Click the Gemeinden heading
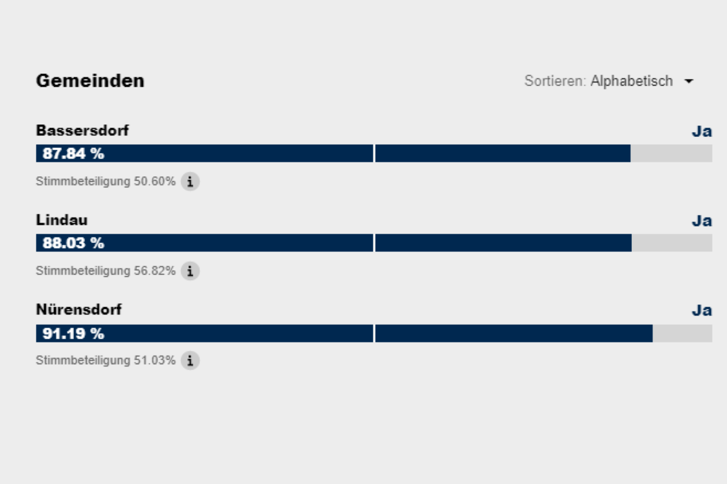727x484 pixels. point(90,81)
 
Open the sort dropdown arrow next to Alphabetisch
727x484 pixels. point(689,81)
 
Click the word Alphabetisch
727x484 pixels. point(631,81)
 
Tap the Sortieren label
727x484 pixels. point(555,81)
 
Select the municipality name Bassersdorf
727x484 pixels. point(82,130)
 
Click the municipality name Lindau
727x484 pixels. point(62,220)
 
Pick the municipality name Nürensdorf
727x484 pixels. point(79,310)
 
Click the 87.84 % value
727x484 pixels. point(73,153)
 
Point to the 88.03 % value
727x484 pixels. point(73,243)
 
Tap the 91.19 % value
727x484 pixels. point(73,333)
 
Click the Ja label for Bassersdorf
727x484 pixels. point(702,131)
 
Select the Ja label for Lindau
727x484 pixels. point(702,221)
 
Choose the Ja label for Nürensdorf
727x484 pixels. point(702,310)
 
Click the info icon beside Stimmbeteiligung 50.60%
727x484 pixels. point(190,182)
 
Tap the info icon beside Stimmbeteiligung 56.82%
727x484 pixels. point(190,271)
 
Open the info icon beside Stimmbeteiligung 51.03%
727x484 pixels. point(190,360)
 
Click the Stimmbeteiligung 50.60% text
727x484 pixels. point(105,181)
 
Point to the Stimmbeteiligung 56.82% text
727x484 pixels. point(105,271)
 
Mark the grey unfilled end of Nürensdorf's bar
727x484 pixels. point(683,333)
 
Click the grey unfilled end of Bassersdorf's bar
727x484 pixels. point(671,153)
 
